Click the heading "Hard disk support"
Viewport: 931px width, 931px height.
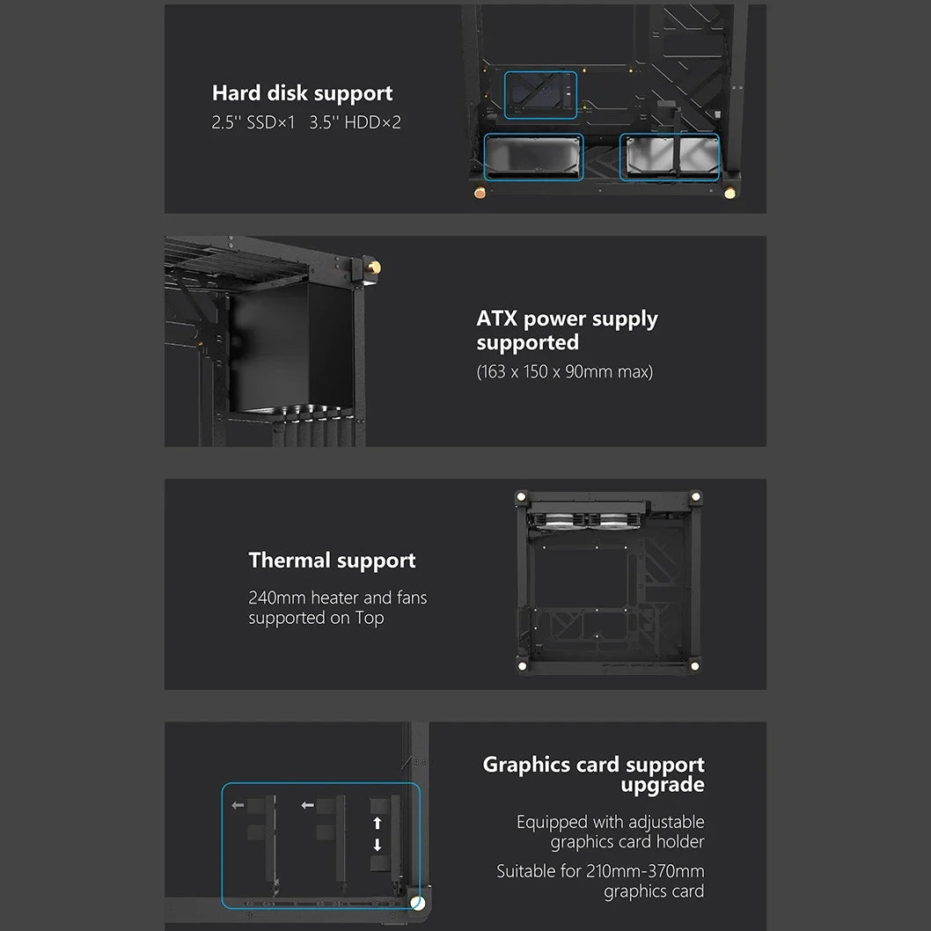[302, 93]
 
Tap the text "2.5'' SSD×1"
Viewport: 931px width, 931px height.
[253, 122]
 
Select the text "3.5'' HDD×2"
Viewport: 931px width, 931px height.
[355, 122]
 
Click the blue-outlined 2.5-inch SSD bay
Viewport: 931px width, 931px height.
[540, 95]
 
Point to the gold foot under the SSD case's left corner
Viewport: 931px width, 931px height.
[480, 193]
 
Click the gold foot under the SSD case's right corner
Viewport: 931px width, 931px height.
[729, 193]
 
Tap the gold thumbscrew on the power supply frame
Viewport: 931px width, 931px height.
[374, 268]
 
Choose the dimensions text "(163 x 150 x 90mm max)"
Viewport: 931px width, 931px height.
[565, 371]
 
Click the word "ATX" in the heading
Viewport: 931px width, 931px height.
[497, 319]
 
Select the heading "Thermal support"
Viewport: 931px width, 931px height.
[332, 561]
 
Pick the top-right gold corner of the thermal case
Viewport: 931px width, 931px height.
[696, 496]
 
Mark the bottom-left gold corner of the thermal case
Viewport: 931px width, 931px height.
[522, 666]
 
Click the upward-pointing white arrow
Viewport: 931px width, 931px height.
[377, 823]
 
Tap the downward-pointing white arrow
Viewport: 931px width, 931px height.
[377, 844]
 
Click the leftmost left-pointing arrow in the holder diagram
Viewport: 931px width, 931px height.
[238, 805]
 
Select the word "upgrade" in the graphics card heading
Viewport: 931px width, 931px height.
[663, 785]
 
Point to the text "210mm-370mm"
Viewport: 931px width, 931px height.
[645, 871]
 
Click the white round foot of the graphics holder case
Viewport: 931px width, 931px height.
[417, 903]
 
